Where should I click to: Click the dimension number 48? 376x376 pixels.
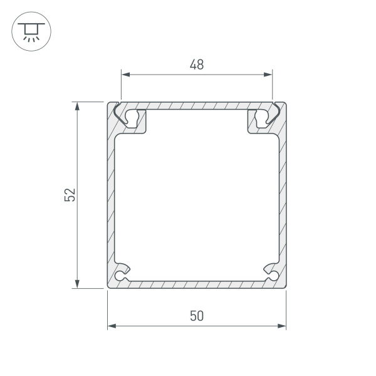pos(197,64)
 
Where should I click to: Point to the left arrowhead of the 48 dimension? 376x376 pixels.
pos(125,75)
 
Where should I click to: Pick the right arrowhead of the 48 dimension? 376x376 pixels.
pos(269,75)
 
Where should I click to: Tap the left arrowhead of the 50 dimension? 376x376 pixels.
pos(112,326)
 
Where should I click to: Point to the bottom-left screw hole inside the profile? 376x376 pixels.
pos(121,274)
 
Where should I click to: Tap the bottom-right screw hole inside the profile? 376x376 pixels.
pos(273,274)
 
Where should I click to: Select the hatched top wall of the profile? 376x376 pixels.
pos(197,105)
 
